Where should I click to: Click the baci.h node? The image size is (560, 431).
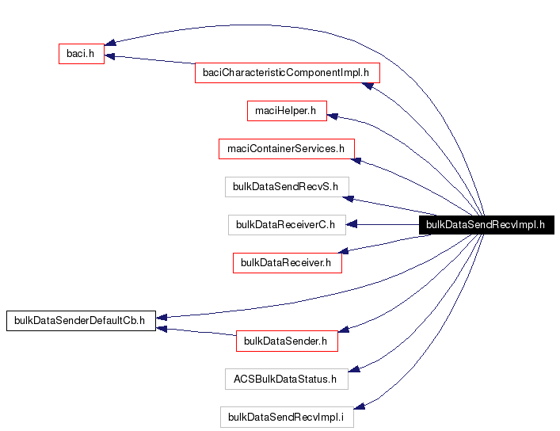click(82, 53)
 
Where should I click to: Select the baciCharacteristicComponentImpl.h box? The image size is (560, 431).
click(287, 73)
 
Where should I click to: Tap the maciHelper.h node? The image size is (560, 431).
click(286, 111)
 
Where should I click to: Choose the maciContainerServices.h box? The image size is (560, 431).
click(286, 148)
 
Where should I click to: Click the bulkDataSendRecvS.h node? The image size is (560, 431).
click(286, 187)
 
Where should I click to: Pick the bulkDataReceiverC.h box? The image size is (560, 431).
click(286, 224)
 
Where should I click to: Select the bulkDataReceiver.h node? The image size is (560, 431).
click(287, 262)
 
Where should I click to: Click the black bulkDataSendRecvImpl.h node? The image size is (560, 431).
click(486, 224)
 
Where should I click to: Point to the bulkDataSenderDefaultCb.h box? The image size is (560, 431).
click(81, 320)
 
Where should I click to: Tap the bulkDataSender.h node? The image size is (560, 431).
click(287, 341)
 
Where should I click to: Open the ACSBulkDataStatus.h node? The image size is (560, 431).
click(286, 379)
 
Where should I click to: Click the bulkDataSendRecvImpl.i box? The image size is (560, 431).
click(286, 417)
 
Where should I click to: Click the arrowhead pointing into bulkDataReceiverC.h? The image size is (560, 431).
click(351, 224)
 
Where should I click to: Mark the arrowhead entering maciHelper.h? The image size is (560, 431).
click(333, 116)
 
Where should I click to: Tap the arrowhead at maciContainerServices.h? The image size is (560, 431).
click(357, 160)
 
